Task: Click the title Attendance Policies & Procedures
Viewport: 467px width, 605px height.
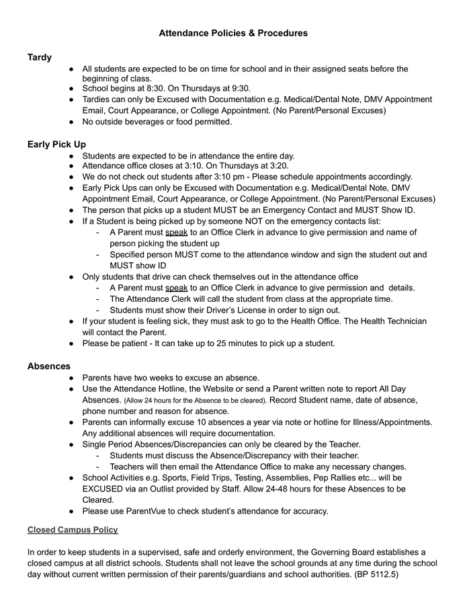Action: (233, 33)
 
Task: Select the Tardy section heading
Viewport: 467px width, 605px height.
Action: (40, 58)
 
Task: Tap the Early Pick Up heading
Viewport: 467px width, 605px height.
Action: (56, 145)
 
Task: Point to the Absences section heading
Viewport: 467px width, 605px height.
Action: (48, 366)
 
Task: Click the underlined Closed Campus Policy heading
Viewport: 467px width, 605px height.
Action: (73, 530)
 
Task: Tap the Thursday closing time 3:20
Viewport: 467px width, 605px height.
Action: (277, 166)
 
